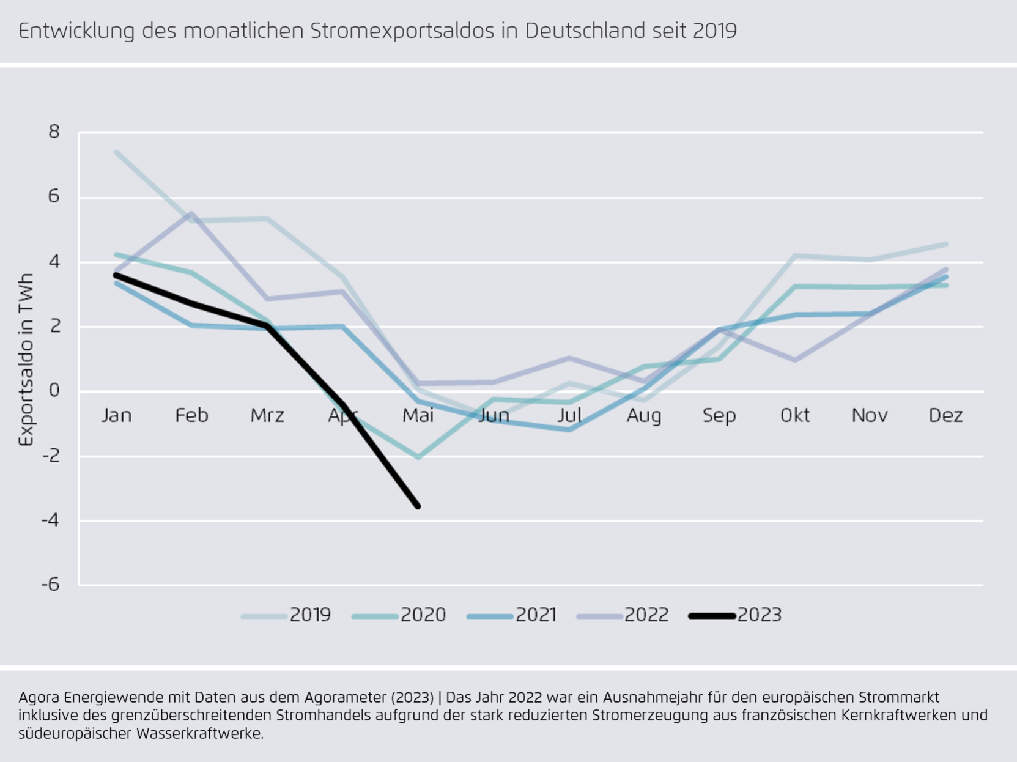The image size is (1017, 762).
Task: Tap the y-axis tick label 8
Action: (x=54, y=131)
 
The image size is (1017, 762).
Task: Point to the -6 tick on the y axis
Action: (x=51, y=584)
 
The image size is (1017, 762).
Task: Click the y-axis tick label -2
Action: (x=51, y=456)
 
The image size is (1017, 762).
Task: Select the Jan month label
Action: (x=116, y=415)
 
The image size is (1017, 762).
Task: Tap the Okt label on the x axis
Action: (x=794, y=415)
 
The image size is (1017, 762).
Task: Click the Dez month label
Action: (x=945, y=415)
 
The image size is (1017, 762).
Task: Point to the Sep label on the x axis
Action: (x=719, y=415)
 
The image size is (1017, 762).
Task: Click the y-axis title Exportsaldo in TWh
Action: (x=26, y=360)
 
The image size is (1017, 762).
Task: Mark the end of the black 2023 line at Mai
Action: (x=418, y=506)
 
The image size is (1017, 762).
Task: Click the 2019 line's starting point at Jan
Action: (x=116, y=152)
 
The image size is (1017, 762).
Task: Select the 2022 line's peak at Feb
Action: (x=191, y=213)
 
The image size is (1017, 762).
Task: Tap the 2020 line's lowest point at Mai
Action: (x=418, y=457)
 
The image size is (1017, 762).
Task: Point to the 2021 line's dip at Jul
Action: (x=569, y=430)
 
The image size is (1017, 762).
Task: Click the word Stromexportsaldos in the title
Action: (x=402, y=31)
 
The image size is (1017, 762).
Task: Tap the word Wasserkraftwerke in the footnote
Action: (x=199, y=733)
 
